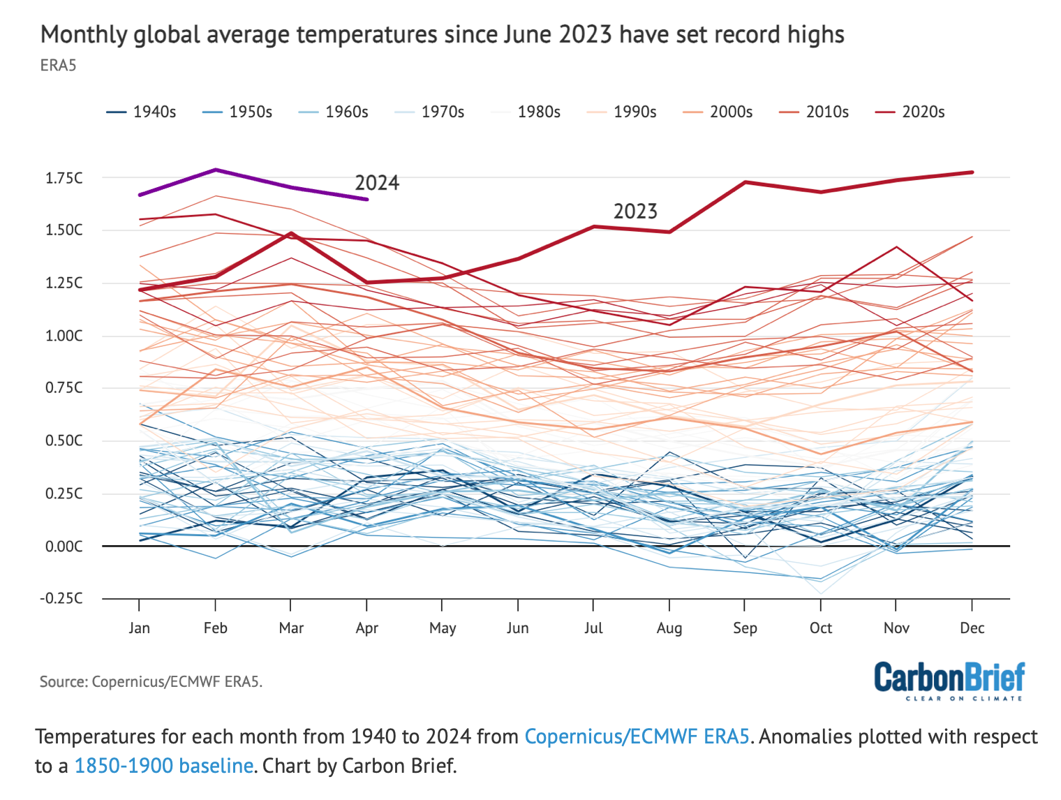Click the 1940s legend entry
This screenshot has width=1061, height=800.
(142, 112)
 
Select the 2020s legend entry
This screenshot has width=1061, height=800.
(910, 112)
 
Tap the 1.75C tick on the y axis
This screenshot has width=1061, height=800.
(64, 178)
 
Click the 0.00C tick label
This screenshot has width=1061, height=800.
(64, 546)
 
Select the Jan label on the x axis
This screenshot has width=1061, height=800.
(140, 628)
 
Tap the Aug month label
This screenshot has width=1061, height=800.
(669, 628)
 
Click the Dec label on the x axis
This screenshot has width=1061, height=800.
(972, 628)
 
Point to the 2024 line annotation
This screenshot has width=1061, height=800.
(377, 183)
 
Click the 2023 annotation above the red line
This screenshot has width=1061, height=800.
(635, 212)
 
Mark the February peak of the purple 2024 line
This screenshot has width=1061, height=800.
(216, 170)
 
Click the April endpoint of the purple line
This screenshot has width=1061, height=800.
(367, 200)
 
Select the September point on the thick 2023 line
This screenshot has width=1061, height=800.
(745, 182)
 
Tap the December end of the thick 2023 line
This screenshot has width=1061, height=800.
(972, 172)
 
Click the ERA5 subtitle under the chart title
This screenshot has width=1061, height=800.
(58, 66)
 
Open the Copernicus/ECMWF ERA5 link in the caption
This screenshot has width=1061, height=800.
(637, 736)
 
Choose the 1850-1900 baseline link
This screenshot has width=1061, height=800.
(163, 766)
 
